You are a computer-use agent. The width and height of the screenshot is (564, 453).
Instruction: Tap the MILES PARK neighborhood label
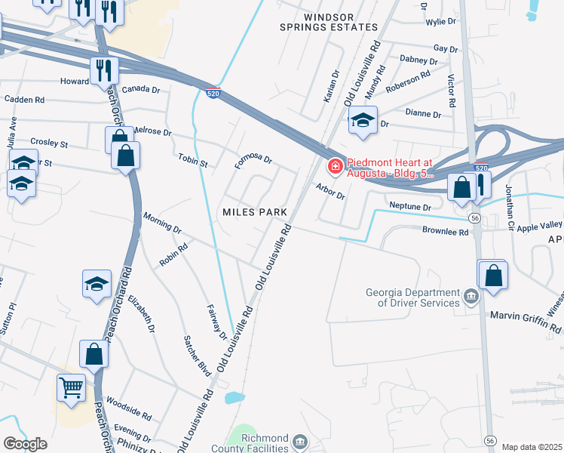click(x=255, y=212)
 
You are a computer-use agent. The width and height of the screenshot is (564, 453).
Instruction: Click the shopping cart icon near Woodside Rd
click(x=71, y=388)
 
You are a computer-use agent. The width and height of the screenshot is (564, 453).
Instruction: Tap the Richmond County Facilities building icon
click(x=299, y=440)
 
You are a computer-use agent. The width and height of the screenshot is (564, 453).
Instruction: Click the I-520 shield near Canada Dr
click(x=213, y=93)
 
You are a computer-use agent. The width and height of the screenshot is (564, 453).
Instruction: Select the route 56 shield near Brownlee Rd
click(x=474, y=217)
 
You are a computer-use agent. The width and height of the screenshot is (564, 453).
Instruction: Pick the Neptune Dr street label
click(x=409, y=206)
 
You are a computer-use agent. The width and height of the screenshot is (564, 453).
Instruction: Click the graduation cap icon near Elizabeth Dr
click(x=97, y=284)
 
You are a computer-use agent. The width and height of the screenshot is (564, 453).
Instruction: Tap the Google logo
click(x=25, y=444)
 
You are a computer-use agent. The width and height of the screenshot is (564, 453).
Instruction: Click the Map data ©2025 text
click(x=532, y=447)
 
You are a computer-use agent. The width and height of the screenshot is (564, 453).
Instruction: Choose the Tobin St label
click(x=192, y=159)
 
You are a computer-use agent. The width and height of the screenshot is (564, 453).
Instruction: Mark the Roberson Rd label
click(x=407, y=82)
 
